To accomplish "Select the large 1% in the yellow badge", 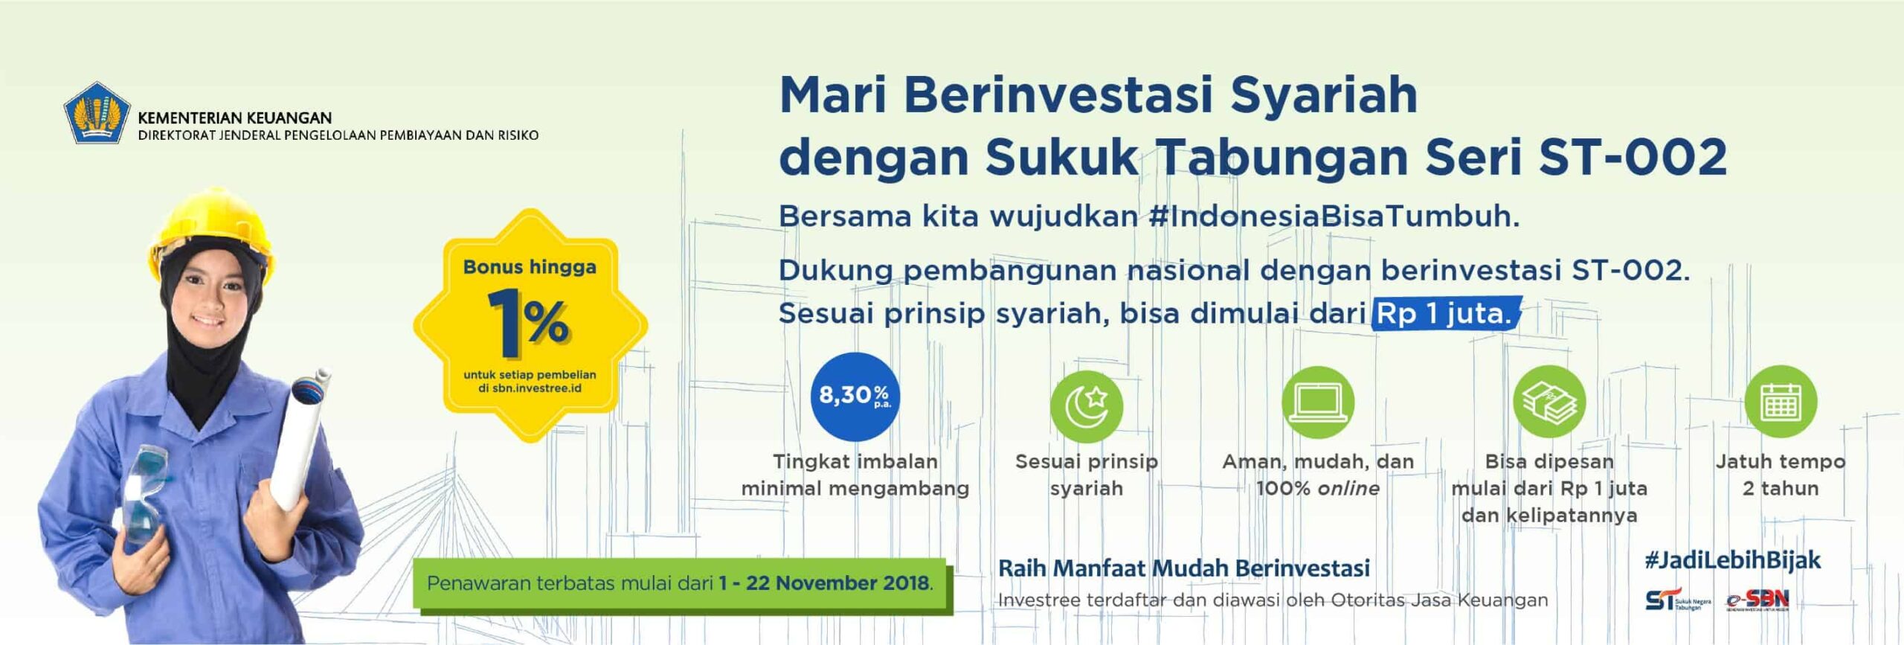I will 529,324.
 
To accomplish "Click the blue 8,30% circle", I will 855,397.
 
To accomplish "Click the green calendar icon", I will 1781,402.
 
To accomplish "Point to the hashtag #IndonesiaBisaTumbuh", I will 1333,216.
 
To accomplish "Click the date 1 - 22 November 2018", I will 824,583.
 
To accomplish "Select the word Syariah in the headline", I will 1324,95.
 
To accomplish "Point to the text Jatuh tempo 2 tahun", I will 1780,475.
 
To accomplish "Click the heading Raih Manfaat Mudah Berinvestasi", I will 1183,568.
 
